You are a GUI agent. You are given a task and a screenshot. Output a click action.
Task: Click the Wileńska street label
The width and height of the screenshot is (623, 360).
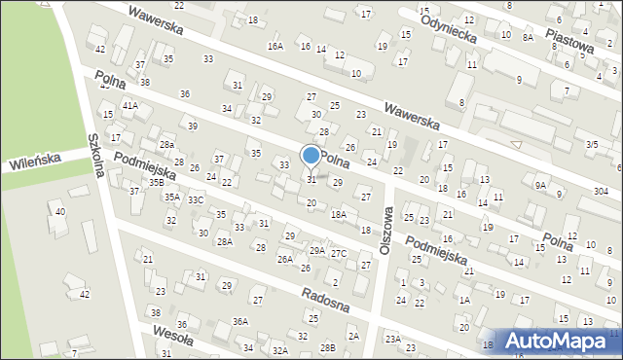(x=36, y=159)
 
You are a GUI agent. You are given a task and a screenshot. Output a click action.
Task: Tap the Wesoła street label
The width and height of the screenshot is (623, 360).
(x=174, y=337)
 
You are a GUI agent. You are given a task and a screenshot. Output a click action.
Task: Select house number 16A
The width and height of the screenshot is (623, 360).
(x=275, y=46)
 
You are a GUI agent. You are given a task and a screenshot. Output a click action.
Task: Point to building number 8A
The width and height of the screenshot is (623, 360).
(x=528, y=37)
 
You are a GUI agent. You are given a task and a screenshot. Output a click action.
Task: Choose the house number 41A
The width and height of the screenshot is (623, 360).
(x=129, y=105)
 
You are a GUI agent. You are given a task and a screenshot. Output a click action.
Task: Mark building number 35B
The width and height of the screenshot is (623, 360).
(x=156, y=182)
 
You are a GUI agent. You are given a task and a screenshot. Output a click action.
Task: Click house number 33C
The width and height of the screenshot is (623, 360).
(x=196, y=199)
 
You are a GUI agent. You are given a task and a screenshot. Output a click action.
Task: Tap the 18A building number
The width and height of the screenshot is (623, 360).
(x=338, y=214)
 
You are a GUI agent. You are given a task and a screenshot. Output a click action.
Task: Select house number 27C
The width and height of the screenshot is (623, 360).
(x=338, y=254)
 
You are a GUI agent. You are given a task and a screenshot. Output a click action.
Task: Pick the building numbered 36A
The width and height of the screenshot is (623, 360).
(x=239, y=321)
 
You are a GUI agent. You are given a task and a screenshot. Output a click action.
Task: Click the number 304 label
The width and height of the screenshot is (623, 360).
(x=602, y=193)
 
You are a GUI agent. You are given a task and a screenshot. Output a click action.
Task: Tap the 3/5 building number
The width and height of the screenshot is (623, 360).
(x=591, y=144)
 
